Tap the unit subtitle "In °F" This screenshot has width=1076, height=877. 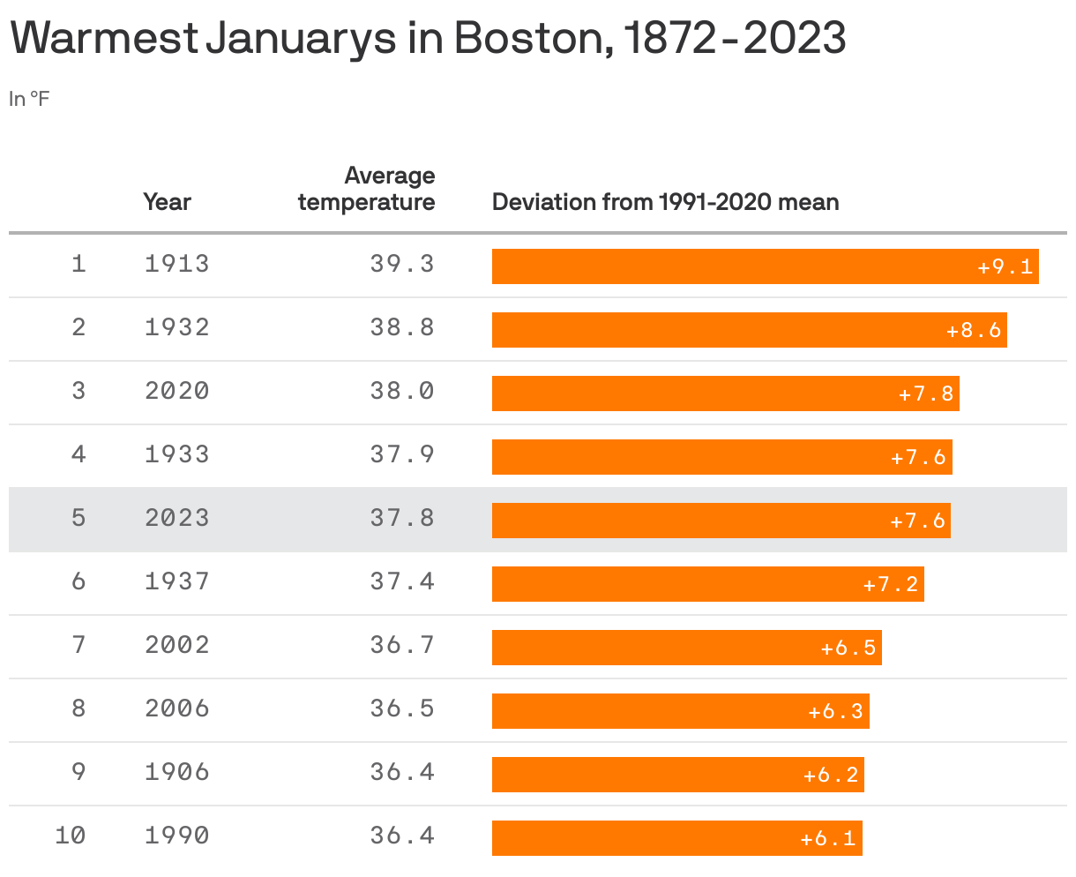(x=29, y=99)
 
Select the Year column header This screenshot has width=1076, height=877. (x=167, y=202)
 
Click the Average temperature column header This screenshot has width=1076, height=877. (x=367, y=189)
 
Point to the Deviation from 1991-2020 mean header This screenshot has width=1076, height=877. (x=665, y=202)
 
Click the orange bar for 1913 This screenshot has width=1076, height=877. (x=732, y=266)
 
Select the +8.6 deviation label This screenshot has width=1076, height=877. (x=974, y=331)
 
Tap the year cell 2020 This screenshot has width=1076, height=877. (x=177, y=391)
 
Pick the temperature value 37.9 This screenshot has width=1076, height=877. (x=402, y=454)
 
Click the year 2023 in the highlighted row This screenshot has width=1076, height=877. (x=177, y=518)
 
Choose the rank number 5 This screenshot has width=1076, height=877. (x=78, y=518)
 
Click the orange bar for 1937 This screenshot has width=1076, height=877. (x=670, y=584)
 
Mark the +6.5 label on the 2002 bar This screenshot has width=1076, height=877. (x=848, y=648)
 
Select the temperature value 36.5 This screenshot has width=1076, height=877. (x=402, y=708)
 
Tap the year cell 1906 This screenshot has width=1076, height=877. (x=177, y=772)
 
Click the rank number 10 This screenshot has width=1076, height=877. (x=71, y=836)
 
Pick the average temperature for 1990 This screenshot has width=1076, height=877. (x=402, y=836)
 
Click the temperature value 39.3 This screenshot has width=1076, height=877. (x=402, y=264)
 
